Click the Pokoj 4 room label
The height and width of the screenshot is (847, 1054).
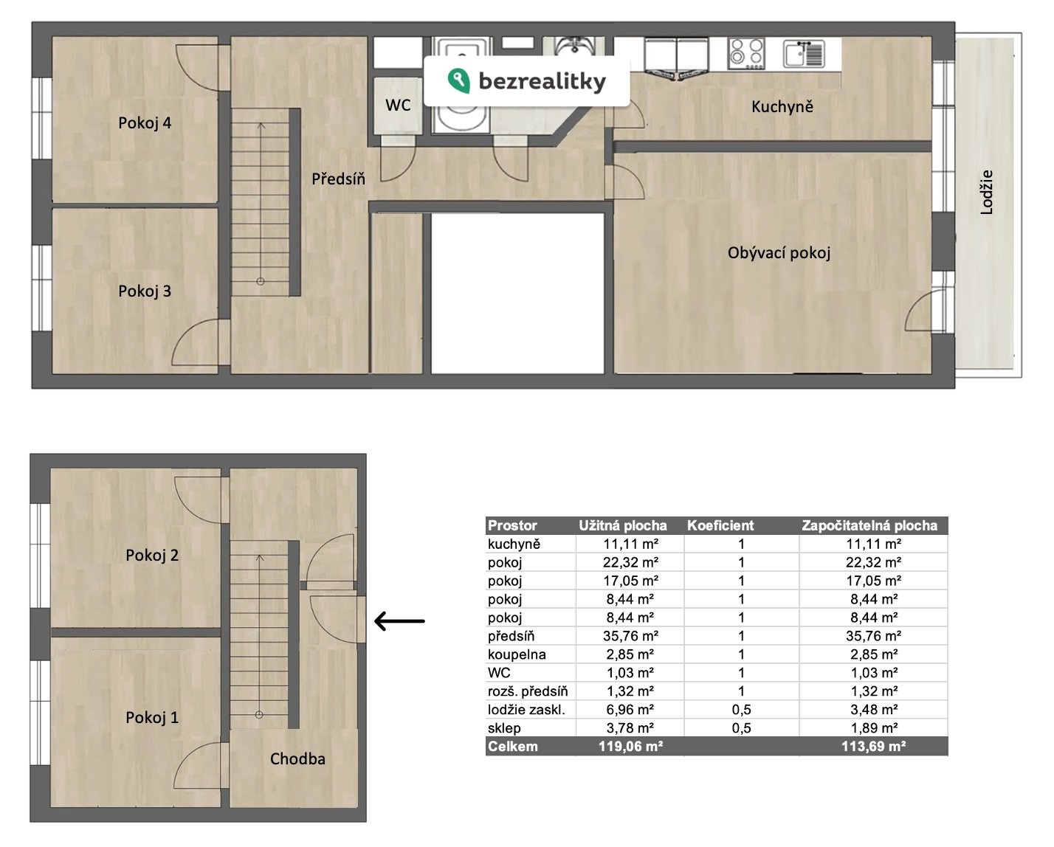pos(145,123)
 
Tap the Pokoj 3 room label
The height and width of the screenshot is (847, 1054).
pos(145,291)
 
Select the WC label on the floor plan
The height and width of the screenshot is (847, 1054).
pos(398,106)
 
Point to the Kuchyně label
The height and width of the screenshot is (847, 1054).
pos(782,106)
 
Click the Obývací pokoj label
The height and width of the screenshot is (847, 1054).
pos(779,253)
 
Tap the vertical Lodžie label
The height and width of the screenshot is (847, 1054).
pos(986,193)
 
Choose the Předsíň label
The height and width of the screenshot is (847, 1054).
pos(339,179)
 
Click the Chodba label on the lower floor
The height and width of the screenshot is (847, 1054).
pos(297,759)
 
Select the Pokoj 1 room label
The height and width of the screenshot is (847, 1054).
pos(152,718)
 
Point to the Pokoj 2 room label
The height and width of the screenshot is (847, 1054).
pos(152,556)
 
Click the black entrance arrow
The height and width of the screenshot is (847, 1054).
pos(399,621)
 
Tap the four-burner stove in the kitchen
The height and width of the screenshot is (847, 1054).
pos(746,53)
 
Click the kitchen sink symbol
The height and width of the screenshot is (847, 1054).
pos(804,53)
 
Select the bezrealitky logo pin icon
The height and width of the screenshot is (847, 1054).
pos(459,80)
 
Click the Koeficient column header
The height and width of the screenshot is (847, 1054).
pos(720,526)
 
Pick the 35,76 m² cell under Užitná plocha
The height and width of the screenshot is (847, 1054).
pos(630,636)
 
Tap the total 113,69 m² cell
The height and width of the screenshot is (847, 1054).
pos(873,747)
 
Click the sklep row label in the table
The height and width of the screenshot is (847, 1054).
pos(504,728)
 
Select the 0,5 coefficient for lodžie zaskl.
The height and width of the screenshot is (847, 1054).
pos(741,710)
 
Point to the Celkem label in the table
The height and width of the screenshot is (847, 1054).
pos(513,747)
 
